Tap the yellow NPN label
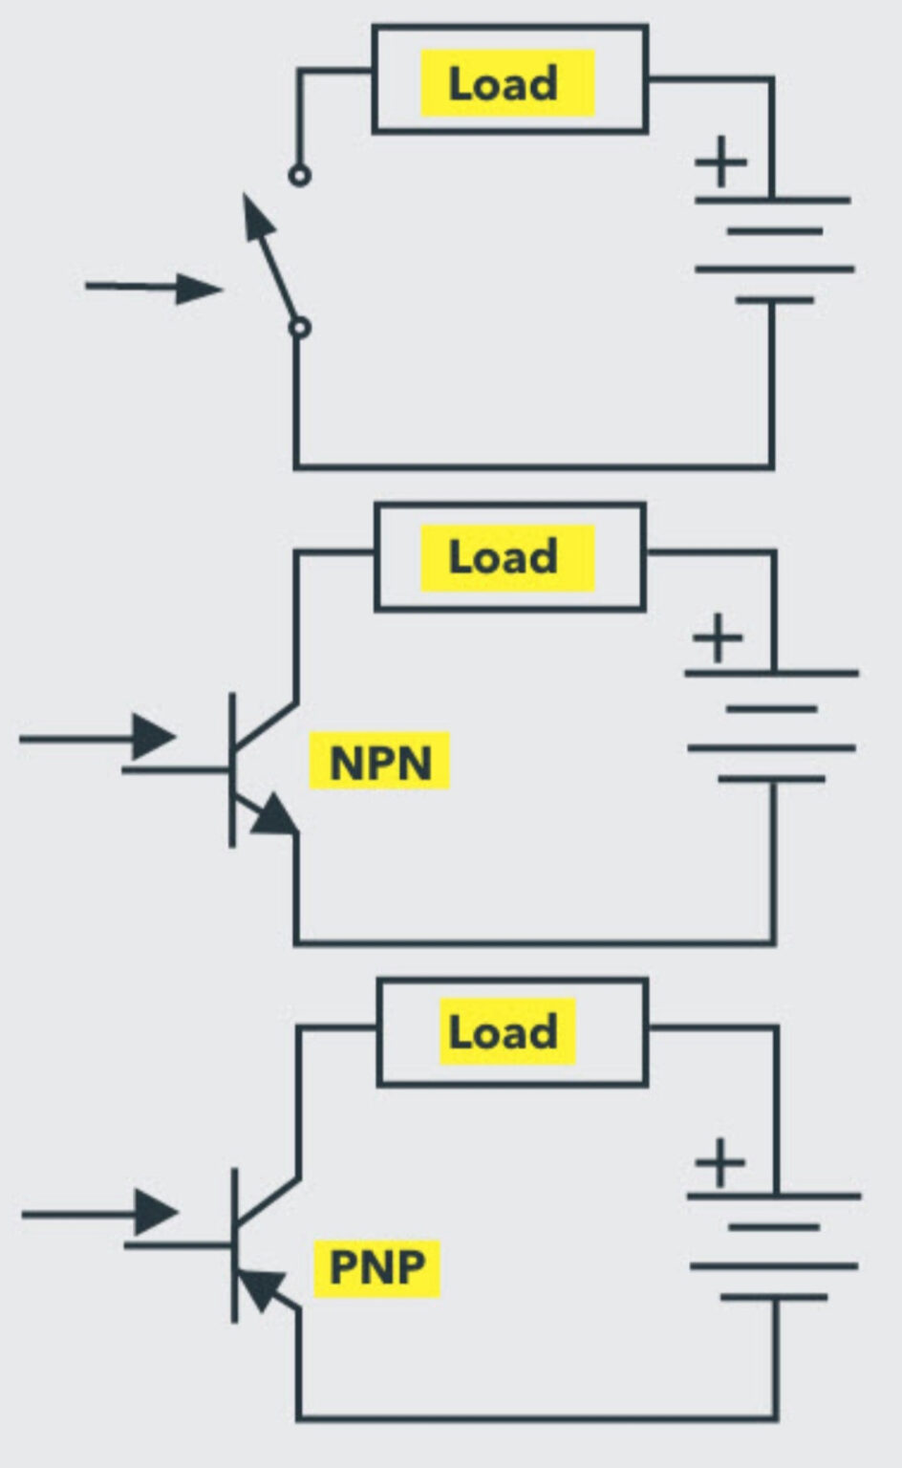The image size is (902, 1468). coord(379,762)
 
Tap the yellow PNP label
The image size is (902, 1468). coord(376,1266)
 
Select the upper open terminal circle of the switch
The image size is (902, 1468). coord(299,176)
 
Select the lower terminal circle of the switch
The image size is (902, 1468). coord(299,328)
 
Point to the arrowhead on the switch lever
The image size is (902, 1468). coord(256,216)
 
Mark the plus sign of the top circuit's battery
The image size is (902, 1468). coord(721,162)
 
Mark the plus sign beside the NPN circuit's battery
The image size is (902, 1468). coord(718,637)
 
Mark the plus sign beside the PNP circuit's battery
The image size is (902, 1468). coord(719,1163)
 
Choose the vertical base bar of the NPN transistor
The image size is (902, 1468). coord(232,769)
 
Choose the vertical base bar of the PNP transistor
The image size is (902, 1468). coord(234,1245)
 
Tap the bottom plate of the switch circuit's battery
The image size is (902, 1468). coord(774,300)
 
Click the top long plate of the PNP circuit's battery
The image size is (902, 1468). coord(774,1196)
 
